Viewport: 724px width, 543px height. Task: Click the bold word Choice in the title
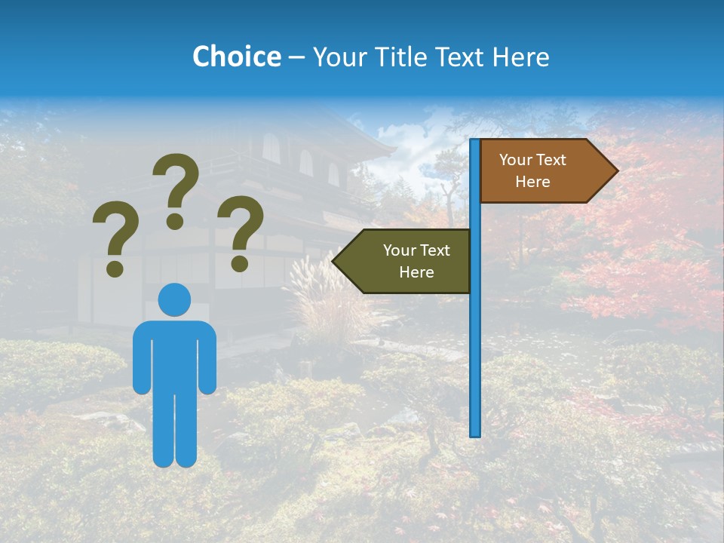click(236, 57)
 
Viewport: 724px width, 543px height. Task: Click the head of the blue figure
click(174, 299)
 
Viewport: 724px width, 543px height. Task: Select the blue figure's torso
click(174, 354)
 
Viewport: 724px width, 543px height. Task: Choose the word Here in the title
click(520, 57)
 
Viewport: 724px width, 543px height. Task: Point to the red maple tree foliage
click(649, 249)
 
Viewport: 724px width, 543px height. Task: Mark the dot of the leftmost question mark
click(115, 268)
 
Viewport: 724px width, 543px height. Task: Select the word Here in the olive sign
click(416, 272)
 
